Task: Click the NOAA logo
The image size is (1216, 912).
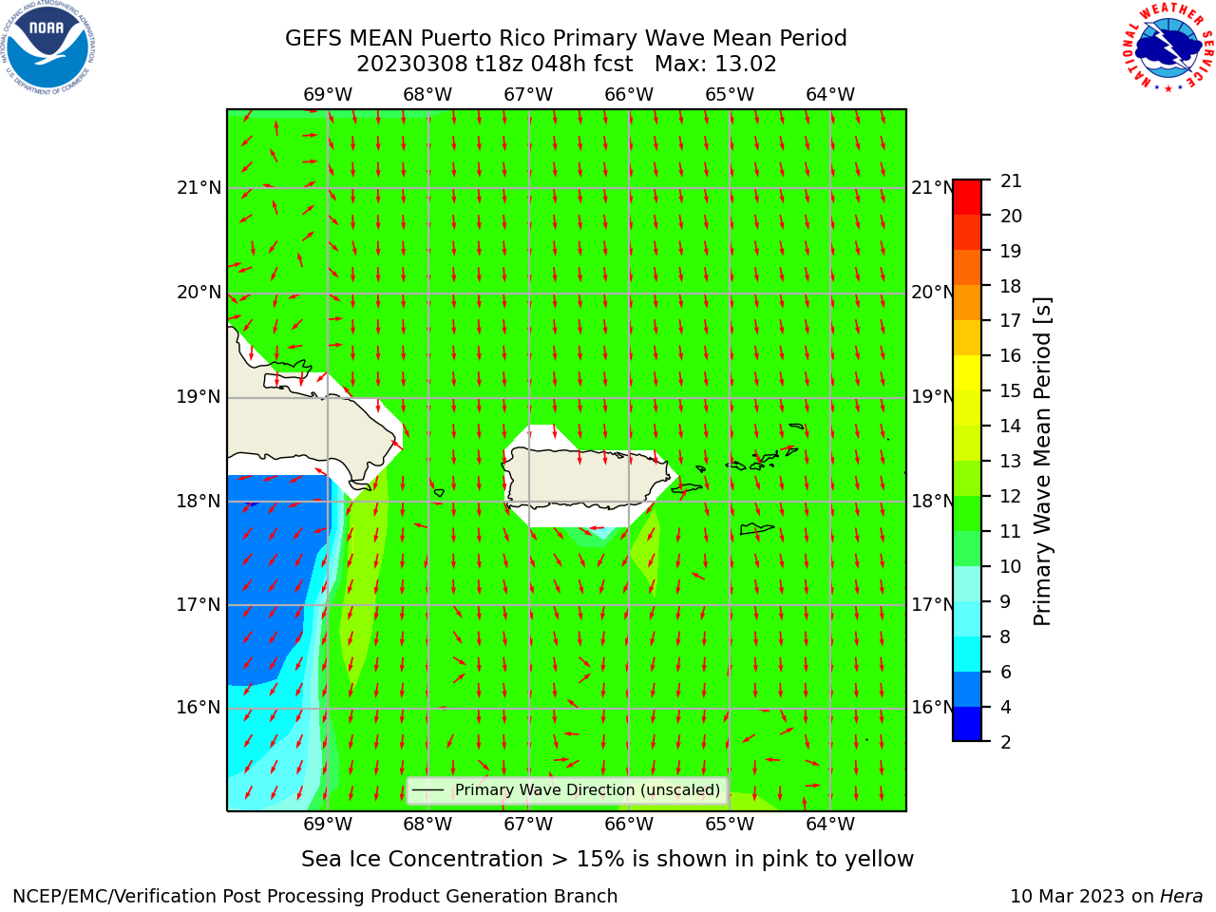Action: pos(47,47)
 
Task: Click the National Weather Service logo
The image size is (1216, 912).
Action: pos(1168,47)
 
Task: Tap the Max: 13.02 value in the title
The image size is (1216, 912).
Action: pos(715,65)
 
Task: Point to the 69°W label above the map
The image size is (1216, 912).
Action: pos(328,94)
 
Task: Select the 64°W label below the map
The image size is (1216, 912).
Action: pos(830,824)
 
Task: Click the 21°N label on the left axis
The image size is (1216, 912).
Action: pos(199,188)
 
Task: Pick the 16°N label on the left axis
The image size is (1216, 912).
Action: pos(199,707)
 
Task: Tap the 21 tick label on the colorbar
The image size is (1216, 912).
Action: pos(1011,181)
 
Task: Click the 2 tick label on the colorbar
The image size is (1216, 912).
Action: pos(1006,742)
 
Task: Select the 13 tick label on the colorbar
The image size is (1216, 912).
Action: pos(1011,461)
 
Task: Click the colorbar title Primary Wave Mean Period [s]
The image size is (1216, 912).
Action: pos(1042,462)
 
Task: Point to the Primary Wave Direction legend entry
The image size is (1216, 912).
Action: pos(567,789)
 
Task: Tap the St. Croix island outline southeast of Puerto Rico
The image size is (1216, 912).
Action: pos(757,529)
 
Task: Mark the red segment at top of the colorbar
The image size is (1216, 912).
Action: pos(967,198)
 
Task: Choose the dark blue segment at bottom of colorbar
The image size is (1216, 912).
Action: pos(967,724)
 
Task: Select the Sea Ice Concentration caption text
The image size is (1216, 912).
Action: pos(607,859)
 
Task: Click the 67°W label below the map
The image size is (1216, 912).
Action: pos(528,824)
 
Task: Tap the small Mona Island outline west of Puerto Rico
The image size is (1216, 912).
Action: pos(439,492)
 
